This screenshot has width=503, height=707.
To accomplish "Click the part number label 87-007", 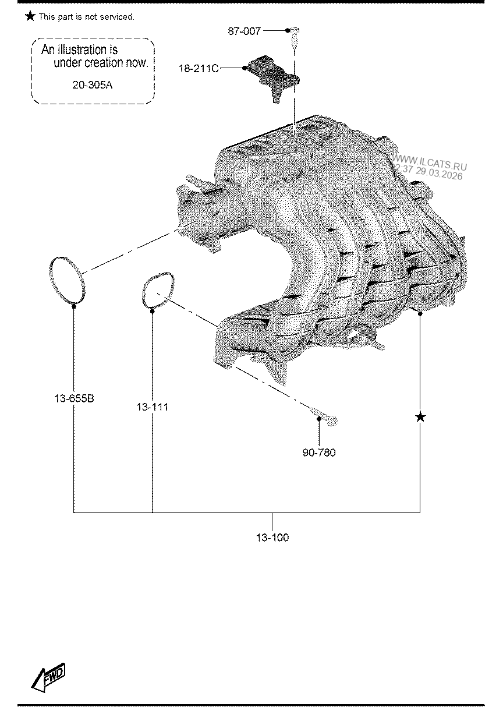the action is tap(245, 31).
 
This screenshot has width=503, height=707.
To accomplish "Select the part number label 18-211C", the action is tap(199, 69).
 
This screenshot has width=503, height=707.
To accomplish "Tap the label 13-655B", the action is tap(74, 399).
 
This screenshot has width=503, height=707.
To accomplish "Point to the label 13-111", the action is tap(152, 407).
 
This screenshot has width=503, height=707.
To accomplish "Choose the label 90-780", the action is tap(319, 453).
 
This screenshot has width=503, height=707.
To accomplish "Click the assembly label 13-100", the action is tap(272, 538).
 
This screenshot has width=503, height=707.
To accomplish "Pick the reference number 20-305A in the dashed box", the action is tap(92, 85).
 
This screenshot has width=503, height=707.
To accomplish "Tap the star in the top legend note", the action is tap(30, 16).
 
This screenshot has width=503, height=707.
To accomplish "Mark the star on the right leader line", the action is tap(420, 417).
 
